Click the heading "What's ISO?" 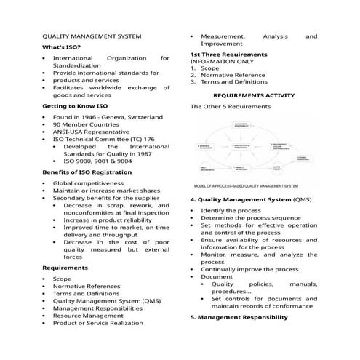62,47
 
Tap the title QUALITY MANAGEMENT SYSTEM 92,36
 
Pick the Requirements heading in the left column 65,267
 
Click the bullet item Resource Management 88,316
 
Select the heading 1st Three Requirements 228,55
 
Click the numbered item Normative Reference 233,75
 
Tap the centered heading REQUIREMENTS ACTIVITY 254,95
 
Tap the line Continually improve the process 249,269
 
